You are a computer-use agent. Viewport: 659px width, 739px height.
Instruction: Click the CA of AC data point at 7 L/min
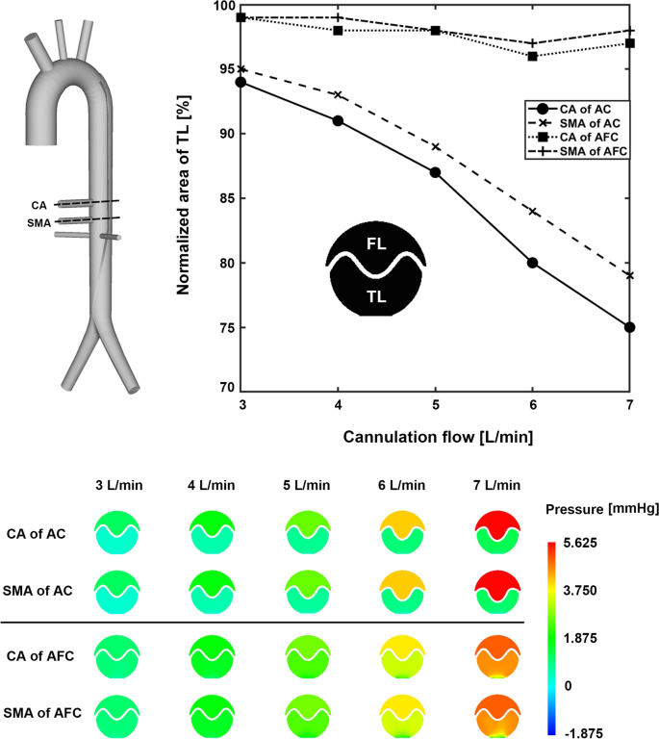click(x=630, y=327)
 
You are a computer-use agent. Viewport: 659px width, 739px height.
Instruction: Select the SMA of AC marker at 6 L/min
click(x=532, y=212)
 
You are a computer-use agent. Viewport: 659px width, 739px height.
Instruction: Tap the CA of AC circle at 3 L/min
click(x=241, y=82)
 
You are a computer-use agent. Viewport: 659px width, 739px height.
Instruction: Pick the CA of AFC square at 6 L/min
click(x=532, y=56)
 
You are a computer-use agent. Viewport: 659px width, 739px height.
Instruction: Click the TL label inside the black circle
click(x=375, y=298)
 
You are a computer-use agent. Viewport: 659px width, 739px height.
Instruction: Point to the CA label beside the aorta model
click(x=38, y=205)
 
